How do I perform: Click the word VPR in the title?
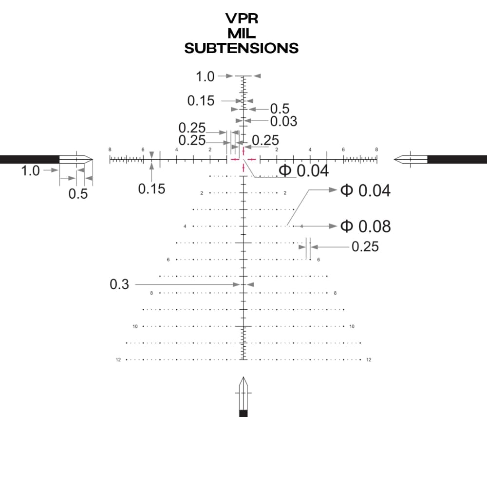coord(242,19)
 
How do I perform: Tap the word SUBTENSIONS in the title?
coord(242,48)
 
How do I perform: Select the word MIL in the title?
coord(242,34)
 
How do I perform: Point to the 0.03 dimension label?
coord(283,121)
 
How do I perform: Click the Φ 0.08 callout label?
coord(365,226)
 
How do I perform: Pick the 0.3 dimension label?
coord(119,284)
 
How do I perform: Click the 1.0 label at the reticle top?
coord(205,76)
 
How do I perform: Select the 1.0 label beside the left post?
coord(30,170)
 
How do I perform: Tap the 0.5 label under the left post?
coord(78,194)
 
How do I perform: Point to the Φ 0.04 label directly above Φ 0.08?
coord(365,190)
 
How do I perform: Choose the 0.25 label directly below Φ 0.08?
coord(365,247)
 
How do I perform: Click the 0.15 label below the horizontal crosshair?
coord(152,188)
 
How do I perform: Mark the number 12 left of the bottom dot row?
coord(118,360)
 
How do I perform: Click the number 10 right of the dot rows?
coord(352,326)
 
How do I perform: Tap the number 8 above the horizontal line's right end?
coord(376,150)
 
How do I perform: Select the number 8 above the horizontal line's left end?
coord(110,150)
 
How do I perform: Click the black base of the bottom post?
coord(243,413)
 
